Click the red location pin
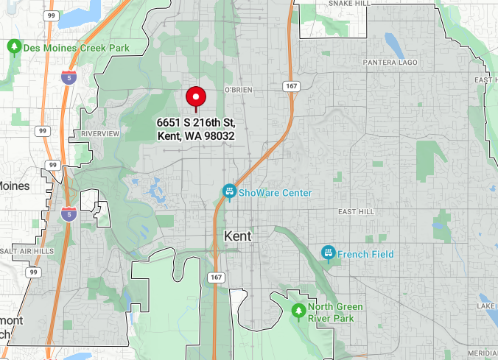[196, 98]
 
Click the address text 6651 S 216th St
[195, 123]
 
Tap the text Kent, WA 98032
[195, 136]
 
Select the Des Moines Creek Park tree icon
[13, 48]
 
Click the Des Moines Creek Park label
[76, 48]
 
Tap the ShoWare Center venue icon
[229, 192]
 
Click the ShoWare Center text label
[275, 193]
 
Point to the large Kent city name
[237, 236]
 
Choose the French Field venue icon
[328, 254]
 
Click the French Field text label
[365, 255]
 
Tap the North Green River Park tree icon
[298, 311]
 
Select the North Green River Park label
[340, 312]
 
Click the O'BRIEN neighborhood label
[237, 89]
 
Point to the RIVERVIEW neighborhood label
[100, 133]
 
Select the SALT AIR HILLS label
[27, 251]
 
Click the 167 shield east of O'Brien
[291, 87]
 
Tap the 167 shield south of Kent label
[216, 278]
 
